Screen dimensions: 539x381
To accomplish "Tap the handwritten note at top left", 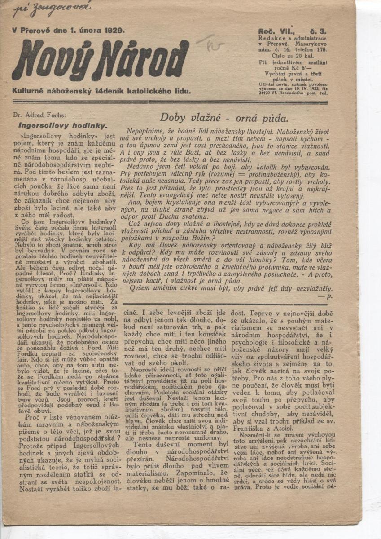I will (52, 9).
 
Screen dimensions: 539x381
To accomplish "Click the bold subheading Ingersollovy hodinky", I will (62, 125).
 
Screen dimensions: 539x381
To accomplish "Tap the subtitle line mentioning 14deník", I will (102, 91).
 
